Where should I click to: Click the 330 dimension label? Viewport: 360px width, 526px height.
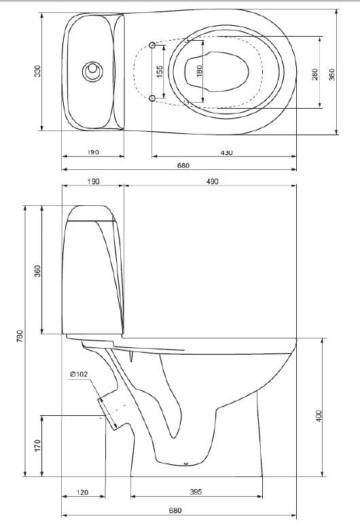37,71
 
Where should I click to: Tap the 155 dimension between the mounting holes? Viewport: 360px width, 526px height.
160,71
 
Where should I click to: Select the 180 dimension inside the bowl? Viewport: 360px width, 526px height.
200,71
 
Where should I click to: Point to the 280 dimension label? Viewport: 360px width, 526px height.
315,75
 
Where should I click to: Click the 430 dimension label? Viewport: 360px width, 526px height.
227,153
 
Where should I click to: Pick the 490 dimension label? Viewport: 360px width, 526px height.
212,181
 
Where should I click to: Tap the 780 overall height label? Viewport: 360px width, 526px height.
20,336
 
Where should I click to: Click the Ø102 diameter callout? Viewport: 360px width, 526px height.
79,374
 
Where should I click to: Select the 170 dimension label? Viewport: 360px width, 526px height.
37,446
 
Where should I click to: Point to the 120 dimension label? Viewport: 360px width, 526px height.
82,492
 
